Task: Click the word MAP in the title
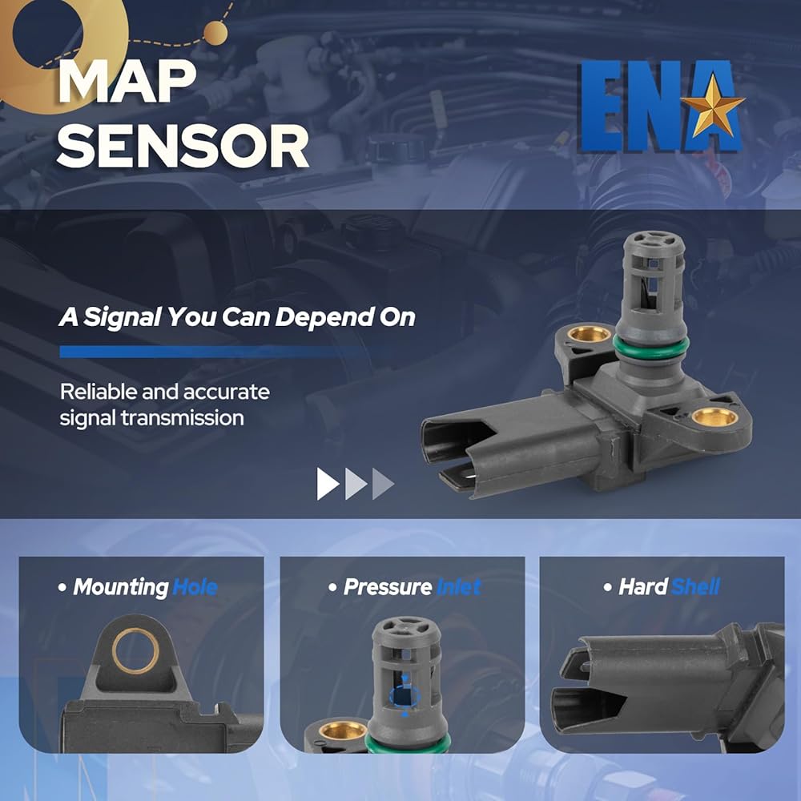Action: point(127,83)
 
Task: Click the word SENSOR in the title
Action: point(183,147)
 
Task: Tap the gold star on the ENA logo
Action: point(712,106)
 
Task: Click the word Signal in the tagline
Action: point(122,317)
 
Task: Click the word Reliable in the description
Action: point(98,392)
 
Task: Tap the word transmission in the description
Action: point(183,418)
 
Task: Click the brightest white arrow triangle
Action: point(328,483)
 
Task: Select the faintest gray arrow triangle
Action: point(382,483)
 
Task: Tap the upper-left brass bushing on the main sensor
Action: point(589,334)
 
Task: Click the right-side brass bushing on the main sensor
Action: point(714,417)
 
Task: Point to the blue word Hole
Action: point(195,587)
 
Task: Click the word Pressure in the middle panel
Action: point(388,587)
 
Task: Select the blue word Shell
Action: point(695,586)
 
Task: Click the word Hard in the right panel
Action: point(643,586)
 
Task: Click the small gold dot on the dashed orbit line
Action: point(215,33)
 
